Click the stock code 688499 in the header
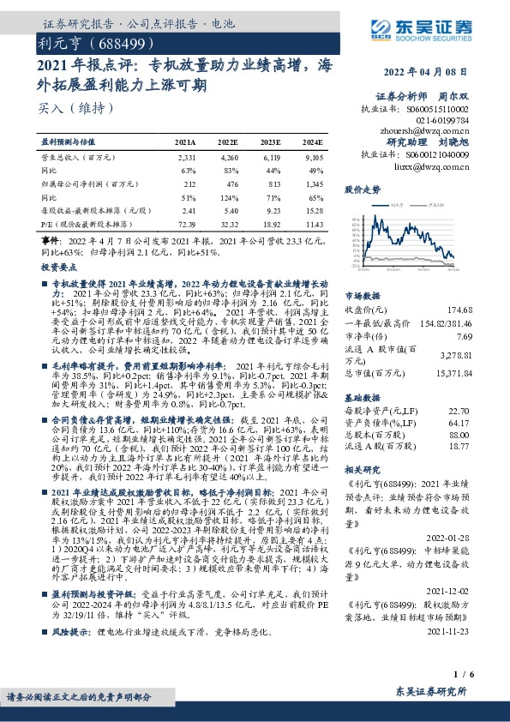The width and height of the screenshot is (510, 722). tap(119, 41)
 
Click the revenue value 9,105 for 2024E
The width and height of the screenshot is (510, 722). tap(312, 159)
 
